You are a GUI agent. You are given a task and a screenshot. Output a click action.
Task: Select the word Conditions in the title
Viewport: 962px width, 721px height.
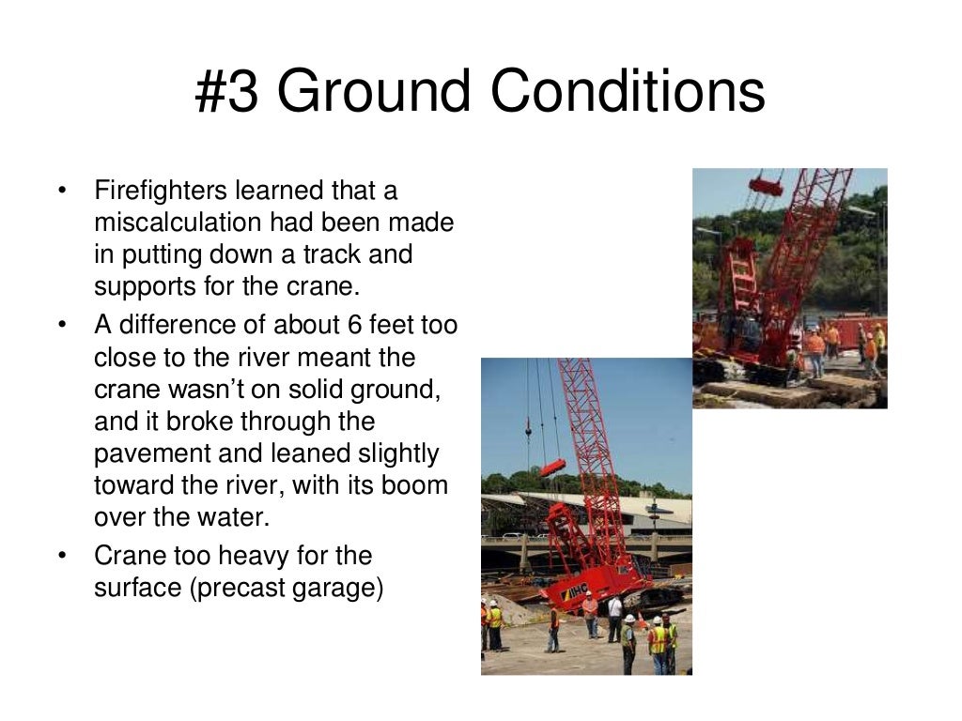point(628,93)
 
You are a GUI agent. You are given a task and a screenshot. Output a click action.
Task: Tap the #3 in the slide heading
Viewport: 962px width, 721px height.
point(226,93)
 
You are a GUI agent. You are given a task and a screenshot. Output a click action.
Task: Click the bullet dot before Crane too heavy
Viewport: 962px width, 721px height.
point(62,556)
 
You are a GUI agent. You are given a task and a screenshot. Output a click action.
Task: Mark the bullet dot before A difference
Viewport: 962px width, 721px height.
point(62,325)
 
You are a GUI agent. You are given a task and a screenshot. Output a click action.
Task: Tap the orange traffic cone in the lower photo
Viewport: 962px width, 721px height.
point(640,621)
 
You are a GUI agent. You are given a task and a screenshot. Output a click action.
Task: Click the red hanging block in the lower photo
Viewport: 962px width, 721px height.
point(553,467)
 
